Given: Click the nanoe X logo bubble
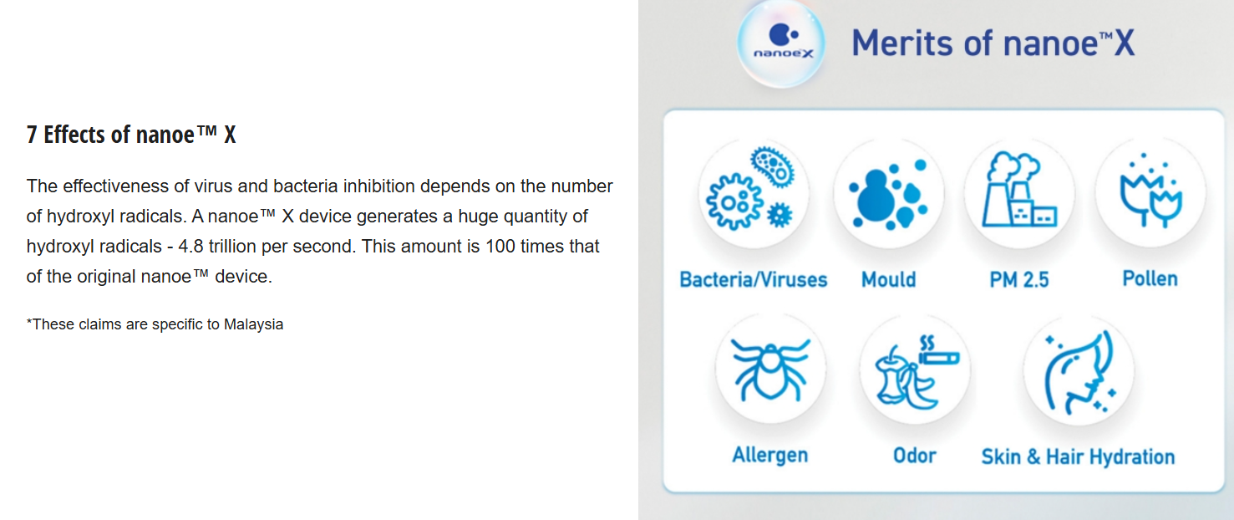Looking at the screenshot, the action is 781,43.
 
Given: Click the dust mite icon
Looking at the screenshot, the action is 770,369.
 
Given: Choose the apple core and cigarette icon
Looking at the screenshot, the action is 917,372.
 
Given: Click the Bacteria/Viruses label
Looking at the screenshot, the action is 753,279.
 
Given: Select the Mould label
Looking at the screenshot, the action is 889,279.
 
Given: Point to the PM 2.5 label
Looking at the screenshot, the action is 1019,279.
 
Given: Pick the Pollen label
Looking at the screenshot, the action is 1150,278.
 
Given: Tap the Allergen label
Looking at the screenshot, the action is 770,456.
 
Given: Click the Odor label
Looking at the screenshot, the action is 915,456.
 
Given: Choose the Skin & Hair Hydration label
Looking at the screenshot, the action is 1078,457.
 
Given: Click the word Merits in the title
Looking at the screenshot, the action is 902,43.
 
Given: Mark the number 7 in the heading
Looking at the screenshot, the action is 32,135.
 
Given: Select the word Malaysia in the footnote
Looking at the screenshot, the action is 253,324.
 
